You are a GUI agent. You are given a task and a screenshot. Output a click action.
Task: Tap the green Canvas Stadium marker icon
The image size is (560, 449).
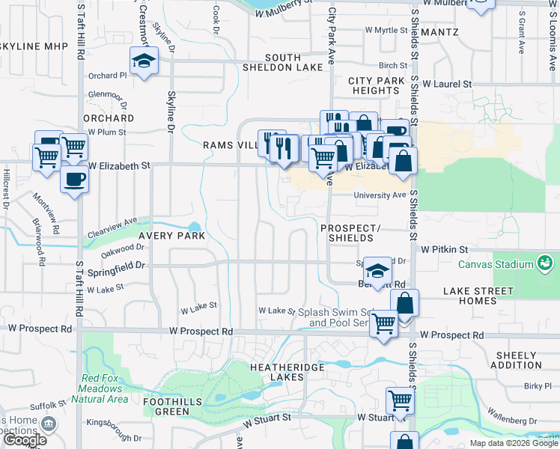click(x=544, y=263)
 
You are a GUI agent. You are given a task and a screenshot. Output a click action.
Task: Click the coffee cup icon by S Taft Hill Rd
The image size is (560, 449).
click(x=74, y=179)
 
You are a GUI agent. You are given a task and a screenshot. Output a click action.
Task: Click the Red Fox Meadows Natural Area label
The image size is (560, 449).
click(x=102, y=388)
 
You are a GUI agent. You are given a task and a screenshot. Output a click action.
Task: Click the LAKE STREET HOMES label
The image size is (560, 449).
click(x=478, y=296)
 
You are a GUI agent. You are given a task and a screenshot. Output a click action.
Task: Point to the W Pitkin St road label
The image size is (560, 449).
click(x=444, y=248)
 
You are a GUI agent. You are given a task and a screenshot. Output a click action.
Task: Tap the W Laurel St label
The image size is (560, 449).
click(x=447, y=85)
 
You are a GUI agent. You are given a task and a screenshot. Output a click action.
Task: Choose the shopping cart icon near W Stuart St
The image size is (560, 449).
click(x=400, y=400)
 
